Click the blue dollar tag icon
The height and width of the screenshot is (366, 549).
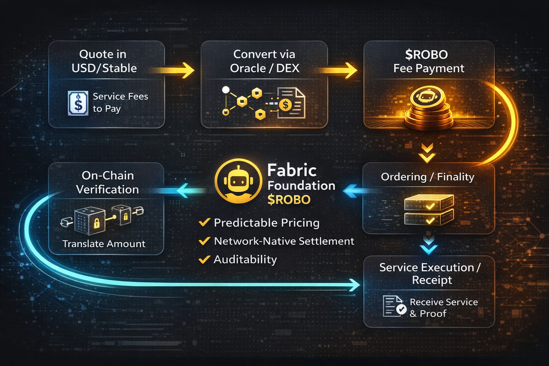click(x=78, y=103)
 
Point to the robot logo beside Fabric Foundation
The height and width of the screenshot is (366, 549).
click(x=238, y=181)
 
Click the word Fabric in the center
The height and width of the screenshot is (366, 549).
click(x=292, y=170)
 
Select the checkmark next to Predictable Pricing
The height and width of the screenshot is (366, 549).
click(x=204, y=222)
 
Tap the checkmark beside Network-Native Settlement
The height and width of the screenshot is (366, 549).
click(x=204, y=241)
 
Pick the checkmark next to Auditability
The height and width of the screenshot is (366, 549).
click(x=204, y=259)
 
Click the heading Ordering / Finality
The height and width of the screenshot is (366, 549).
click(x=427, y=177)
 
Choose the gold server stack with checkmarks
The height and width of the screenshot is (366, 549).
click(x=429, y=209)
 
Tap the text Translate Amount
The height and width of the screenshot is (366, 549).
click(x=104, y=244)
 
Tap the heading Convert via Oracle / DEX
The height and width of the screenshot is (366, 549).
click(x=264, y=61)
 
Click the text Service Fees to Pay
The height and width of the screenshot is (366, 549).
click(x=120, y=102)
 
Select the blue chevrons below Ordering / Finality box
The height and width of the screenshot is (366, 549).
click(x=428, y=245)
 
